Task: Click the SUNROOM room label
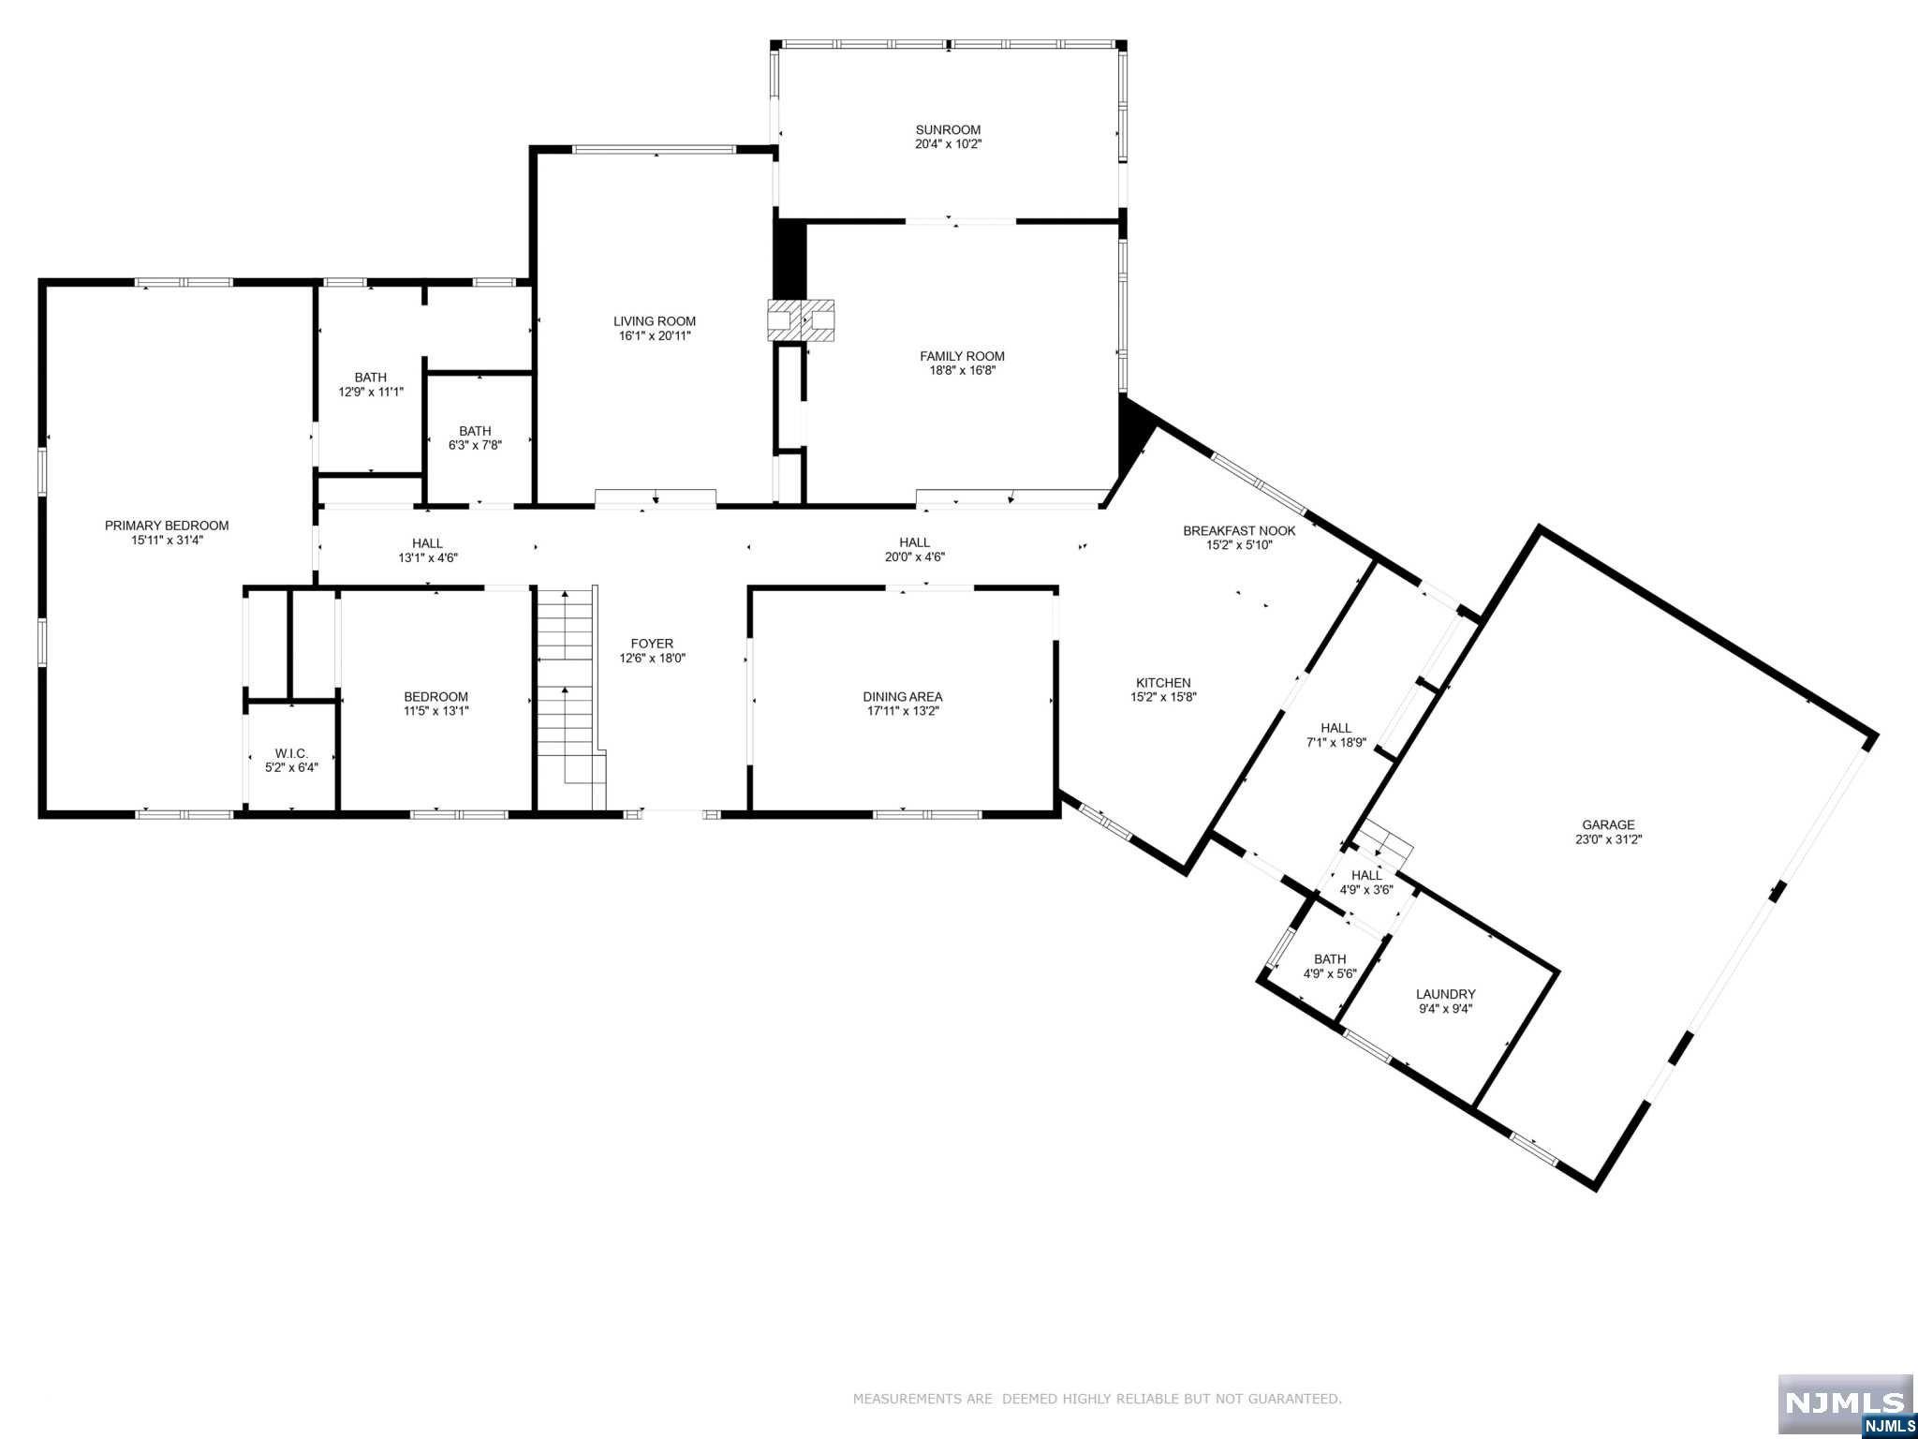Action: coord(948,130)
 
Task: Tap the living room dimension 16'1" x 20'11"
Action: coord(655,335)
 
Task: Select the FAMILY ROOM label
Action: coord(962,356)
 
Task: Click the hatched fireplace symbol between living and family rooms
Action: coord(801,320)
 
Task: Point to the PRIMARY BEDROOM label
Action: coord(167,526)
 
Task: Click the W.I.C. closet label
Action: coord(291,753)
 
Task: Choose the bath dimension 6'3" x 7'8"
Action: coord(475,445)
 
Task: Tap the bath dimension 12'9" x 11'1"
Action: coord(371,392)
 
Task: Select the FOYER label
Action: coord(652,644)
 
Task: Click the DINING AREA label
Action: coord(903,696)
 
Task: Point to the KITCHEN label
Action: coord(1163,683)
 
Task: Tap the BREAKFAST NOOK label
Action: coord(1239,530)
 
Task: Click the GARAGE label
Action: coord(1609,825)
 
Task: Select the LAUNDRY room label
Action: coord(1445,994)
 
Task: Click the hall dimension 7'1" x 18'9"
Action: coord(1336,742)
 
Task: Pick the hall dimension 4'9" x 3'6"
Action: coord(1366,890)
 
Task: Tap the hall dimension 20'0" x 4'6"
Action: coord(915,556)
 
